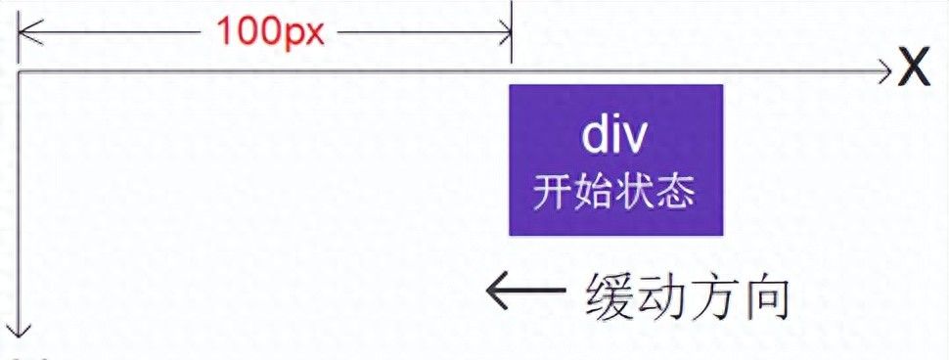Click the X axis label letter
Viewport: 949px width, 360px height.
pos(914,69)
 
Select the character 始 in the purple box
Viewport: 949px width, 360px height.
pos(593,192)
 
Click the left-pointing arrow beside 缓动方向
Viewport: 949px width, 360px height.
pos(525,291)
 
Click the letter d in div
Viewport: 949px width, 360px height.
pos(594,138)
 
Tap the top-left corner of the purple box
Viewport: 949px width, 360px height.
pos(510,86)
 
